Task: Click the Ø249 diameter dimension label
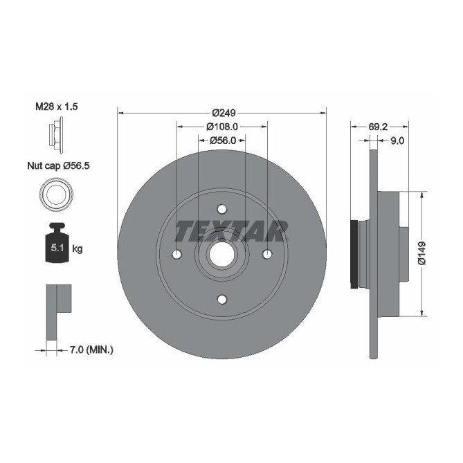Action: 221,113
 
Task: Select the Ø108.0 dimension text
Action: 221,127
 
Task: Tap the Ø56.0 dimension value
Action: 223,140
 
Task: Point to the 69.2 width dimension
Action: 377,127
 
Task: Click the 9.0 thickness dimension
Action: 397,140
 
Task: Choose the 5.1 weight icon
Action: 56,244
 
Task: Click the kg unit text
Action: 77,248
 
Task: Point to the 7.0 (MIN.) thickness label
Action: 90,351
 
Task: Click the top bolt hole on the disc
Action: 221,208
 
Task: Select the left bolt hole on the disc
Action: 176,254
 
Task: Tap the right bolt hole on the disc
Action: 267,254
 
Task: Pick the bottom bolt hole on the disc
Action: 221,299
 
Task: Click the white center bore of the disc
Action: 221,254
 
